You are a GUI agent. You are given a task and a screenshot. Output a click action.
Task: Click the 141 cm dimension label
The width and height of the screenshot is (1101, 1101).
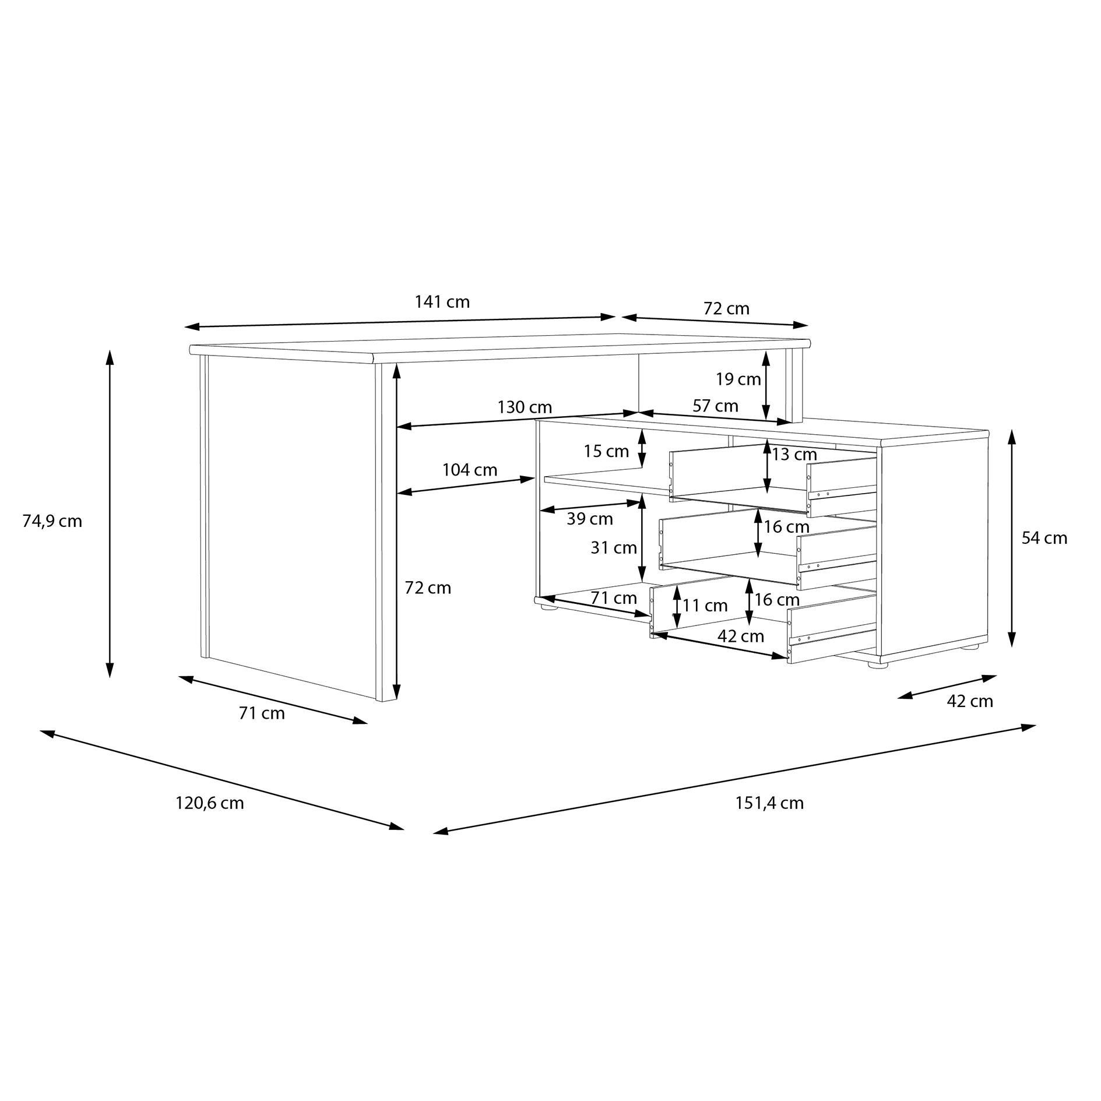(442, 302)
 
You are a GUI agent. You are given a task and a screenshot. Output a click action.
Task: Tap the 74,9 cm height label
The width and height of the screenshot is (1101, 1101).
(52, 521)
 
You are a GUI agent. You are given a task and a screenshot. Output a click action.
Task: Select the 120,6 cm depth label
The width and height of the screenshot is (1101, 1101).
(210, 803)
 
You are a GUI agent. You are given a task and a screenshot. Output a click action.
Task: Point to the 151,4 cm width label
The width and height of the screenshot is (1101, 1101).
(769, 803)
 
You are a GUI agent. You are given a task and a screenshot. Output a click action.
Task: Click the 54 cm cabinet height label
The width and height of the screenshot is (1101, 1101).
(1044, 538)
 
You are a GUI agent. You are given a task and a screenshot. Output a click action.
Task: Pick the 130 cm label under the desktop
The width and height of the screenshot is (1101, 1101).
(525, 407)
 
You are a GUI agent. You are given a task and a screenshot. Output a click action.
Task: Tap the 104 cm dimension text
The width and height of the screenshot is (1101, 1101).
(470, 470)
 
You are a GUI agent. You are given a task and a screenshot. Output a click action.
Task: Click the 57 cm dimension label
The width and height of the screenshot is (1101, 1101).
(715, 406)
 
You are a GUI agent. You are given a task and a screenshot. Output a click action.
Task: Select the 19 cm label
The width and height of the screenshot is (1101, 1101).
(738, 379)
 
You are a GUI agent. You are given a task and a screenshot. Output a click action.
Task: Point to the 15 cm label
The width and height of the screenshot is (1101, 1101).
(606, 451)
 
